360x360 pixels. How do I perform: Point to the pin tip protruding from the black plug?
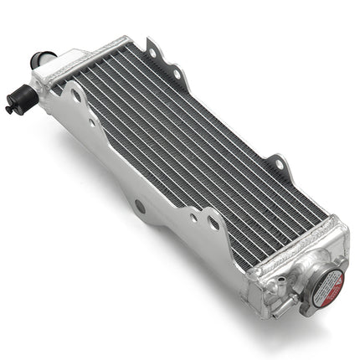(8, 108)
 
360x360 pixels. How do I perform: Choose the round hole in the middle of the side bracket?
(139, 205)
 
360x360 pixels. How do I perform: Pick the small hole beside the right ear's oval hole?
(193, 217)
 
